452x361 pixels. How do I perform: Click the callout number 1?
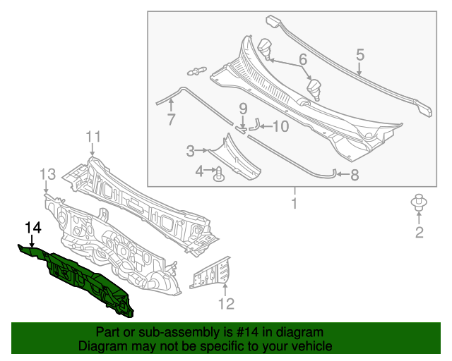pos(295,204)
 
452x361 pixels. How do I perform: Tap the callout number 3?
pos(191,150)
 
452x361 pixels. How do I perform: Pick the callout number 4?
pos(201,171)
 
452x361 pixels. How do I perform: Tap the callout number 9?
pos(242,109)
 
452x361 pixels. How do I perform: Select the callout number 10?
pos(280,127)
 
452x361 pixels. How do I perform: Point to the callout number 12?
pos(225,304)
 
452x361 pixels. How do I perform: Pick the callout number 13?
pos(47,173)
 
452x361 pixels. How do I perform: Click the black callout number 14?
pos(33,227)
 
